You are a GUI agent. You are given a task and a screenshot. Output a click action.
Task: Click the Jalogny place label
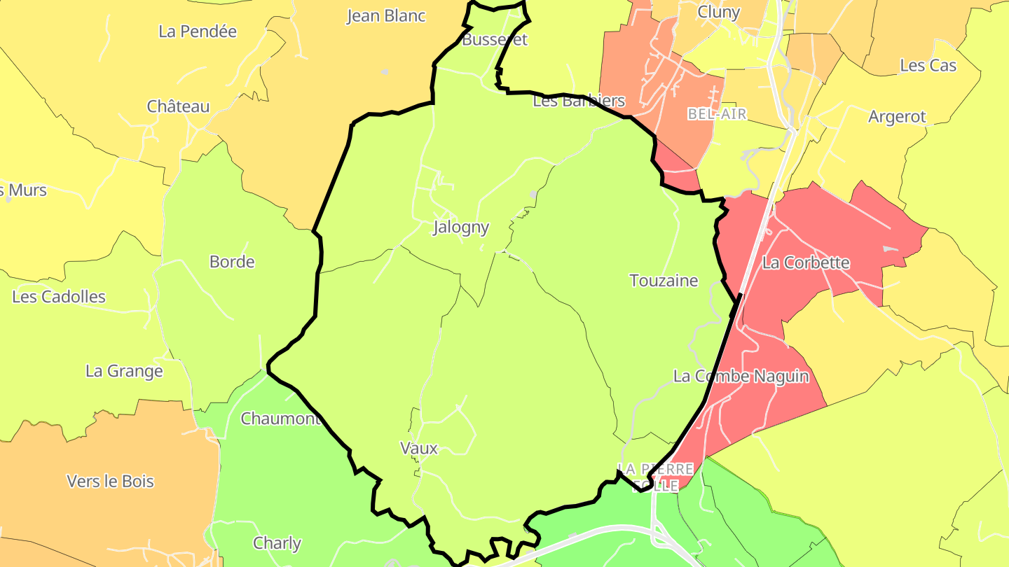coord(461,227)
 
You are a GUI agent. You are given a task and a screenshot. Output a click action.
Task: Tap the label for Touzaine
coord(664,281)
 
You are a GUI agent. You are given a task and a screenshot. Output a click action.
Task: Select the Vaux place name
coord(419,448)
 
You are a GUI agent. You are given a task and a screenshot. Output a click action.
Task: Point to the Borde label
coord(232,262)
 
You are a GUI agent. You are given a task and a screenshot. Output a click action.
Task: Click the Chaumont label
coord(280,419)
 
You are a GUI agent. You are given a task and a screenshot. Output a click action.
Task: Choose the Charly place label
coord(277,543)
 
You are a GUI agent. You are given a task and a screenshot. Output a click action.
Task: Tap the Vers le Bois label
coord(110,482)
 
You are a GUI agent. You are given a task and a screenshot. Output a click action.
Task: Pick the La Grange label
coord(124,371)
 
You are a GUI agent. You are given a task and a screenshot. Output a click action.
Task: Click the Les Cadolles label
coord(59,297)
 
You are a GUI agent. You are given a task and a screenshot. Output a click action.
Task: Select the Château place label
coord(178,106)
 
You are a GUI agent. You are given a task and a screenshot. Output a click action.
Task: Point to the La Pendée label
coord(198,31)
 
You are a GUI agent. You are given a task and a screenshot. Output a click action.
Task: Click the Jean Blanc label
coord(386,16)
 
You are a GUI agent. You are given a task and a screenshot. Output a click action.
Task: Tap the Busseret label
coord(495,40)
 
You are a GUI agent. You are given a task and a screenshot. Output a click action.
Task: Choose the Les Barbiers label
coord(579,101)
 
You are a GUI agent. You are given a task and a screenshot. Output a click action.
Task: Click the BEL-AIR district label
coord(717,114)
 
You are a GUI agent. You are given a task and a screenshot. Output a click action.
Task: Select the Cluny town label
coord(719,12)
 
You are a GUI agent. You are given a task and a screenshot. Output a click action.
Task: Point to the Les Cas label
coord(928,66)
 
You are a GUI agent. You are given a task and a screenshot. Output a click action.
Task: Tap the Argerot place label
coord(897,117)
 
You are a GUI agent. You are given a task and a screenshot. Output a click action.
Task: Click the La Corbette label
coord(806,263)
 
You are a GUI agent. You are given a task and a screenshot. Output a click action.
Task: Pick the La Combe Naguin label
coord(741,377)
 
